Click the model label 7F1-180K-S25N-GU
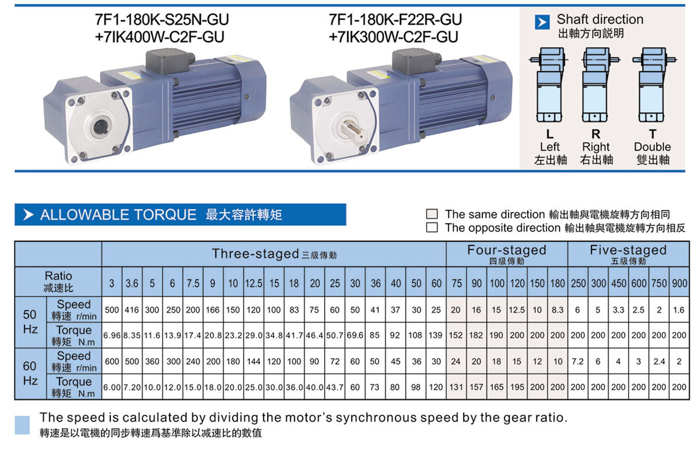162,20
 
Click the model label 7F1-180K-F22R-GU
395,20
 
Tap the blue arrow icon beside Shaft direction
542,22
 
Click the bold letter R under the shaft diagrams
596,134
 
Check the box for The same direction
432,214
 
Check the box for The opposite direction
432,227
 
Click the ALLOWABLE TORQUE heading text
118,215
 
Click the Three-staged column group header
274,254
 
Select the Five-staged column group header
628,254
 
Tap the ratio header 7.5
193,283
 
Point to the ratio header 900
679,283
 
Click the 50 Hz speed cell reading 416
132,310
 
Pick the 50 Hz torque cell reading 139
436,335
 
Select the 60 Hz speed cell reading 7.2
578,361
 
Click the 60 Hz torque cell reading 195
517,387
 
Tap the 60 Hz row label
30,373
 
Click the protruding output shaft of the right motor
352,130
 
